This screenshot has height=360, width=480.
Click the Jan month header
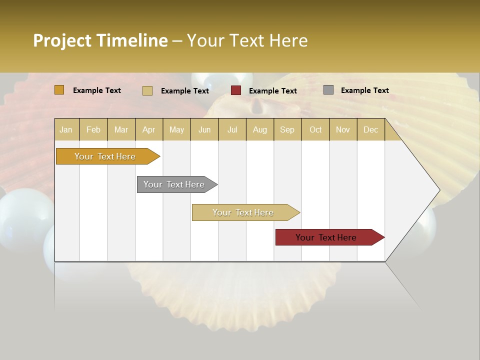point(66,129)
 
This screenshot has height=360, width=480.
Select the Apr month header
point(149,129)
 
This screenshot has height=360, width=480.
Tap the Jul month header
point(232,129)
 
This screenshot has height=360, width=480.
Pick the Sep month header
point(287,129)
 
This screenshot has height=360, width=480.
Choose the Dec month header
point(370,129)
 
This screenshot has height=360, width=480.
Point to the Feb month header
point(93,129)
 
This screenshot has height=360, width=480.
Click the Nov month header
point(343,129)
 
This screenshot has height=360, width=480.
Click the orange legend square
point(59,90)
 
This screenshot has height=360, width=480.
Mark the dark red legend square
point(236,90)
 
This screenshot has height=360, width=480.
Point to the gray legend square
point(328,90)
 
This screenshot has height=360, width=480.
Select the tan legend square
point(147,90)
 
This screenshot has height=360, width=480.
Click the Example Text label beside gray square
point(364,90)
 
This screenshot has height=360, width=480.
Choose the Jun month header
point(204,129)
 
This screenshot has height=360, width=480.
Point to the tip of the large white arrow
point(439,190)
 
